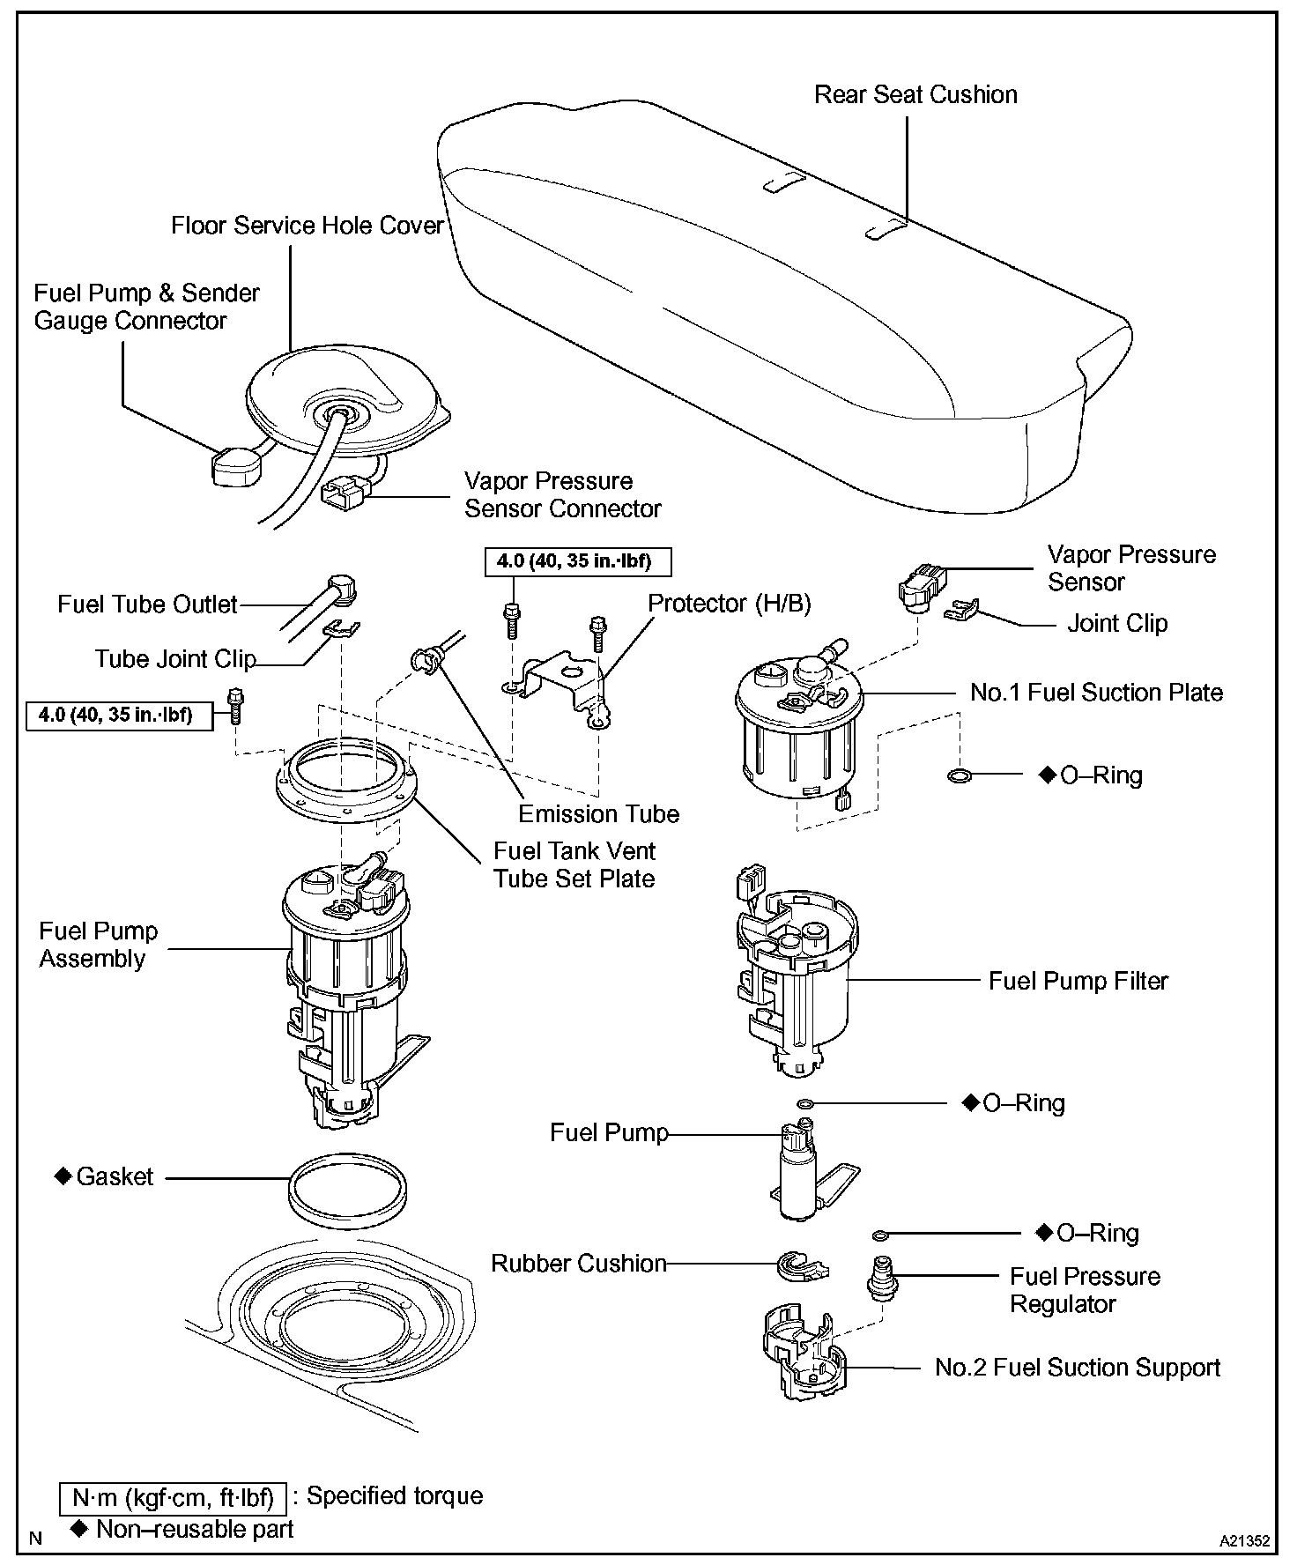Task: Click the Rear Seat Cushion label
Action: (915, 95)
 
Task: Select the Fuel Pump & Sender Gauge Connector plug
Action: (236, 465)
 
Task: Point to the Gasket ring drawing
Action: (348, 1187)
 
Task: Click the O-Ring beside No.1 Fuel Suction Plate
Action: (959, 776)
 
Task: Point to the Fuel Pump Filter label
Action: (1078, 981)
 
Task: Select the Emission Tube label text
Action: (598, 813)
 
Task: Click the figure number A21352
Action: (1244, 1541)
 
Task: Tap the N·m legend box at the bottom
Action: (172, 1496)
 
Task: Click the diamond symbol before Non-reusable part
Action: (81, 1528)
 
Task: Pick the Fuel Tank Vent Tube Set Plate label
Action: (574, 864)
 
